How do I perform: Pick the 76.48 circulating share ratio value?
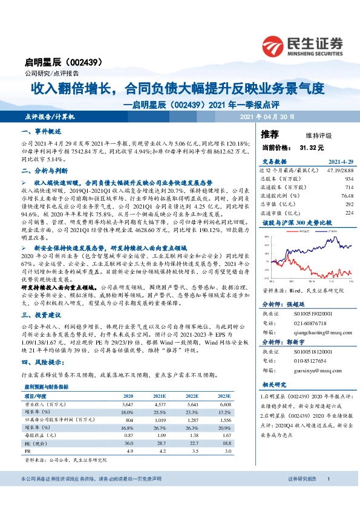point(345,196)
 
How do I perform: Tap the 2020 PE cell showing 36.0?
point(128,443)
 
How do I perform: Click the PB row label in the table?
point(27,450)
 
